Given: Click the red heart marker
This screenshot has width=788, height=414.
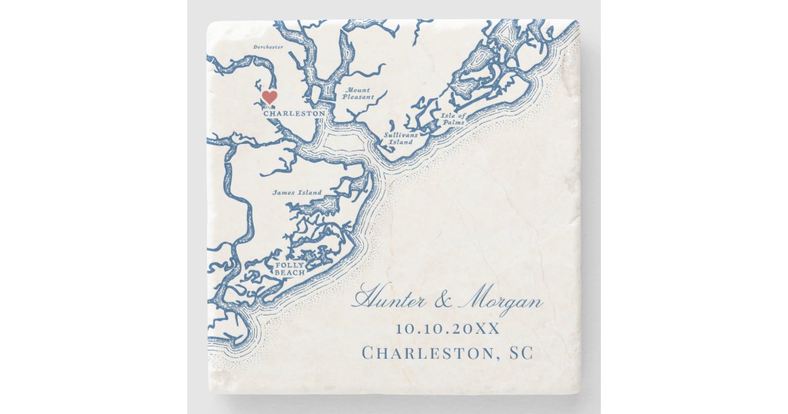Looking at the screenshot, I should coord(269,97).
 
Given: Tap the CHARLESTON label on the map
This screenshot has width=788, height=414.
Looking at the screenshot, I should coord(294,113).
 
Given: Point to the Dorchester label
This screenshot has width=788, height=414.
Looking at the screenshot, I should coord(269,47).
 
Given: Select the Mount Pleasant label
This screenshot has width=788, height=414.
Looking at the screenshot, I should coord(358,93).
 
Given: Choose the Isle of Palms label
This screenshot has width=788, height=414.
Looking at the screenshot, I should coord(453,118).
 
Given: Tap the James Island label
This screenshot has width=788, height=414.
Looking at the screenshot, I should coord(297,193).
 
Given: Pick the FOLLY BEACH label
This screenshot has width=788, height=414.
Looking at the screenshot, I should coord(290,268).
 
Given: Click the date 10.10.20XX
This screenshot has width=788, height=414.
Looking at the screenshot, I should coord(447,328).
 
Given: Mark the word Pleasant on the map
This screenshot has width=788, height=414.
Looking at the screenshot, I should coord(358,97).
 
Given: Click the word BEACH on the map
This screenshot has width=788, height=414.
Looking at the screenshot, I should coord(290,272).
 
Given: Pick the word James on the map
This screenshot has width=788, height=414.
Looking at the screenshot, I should coord(284,193).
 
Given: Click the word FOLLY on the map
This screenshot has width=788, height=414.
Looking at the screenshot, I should coord(290,265).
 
